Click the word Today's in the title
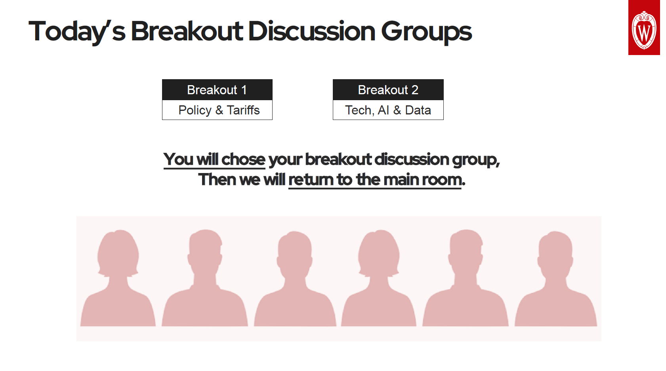coord(77,32)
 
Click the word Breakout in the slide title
coord(187,31)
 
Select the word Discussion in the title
coord(311,31)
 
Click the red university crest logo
coord(644,27)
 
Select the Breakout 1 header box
coord(217,90)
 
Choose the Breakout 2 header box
coord(388,90)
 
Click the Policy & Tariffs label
coord(219,110)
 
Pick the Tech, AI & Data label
coord(388,110)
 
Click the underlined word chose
coord(243,160)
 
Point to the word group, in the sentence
coord(476,160)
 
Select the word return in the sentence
coord(311,180)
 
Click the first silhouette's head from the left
coord(118,253)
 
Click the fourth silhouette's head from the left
coord(379,253)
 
